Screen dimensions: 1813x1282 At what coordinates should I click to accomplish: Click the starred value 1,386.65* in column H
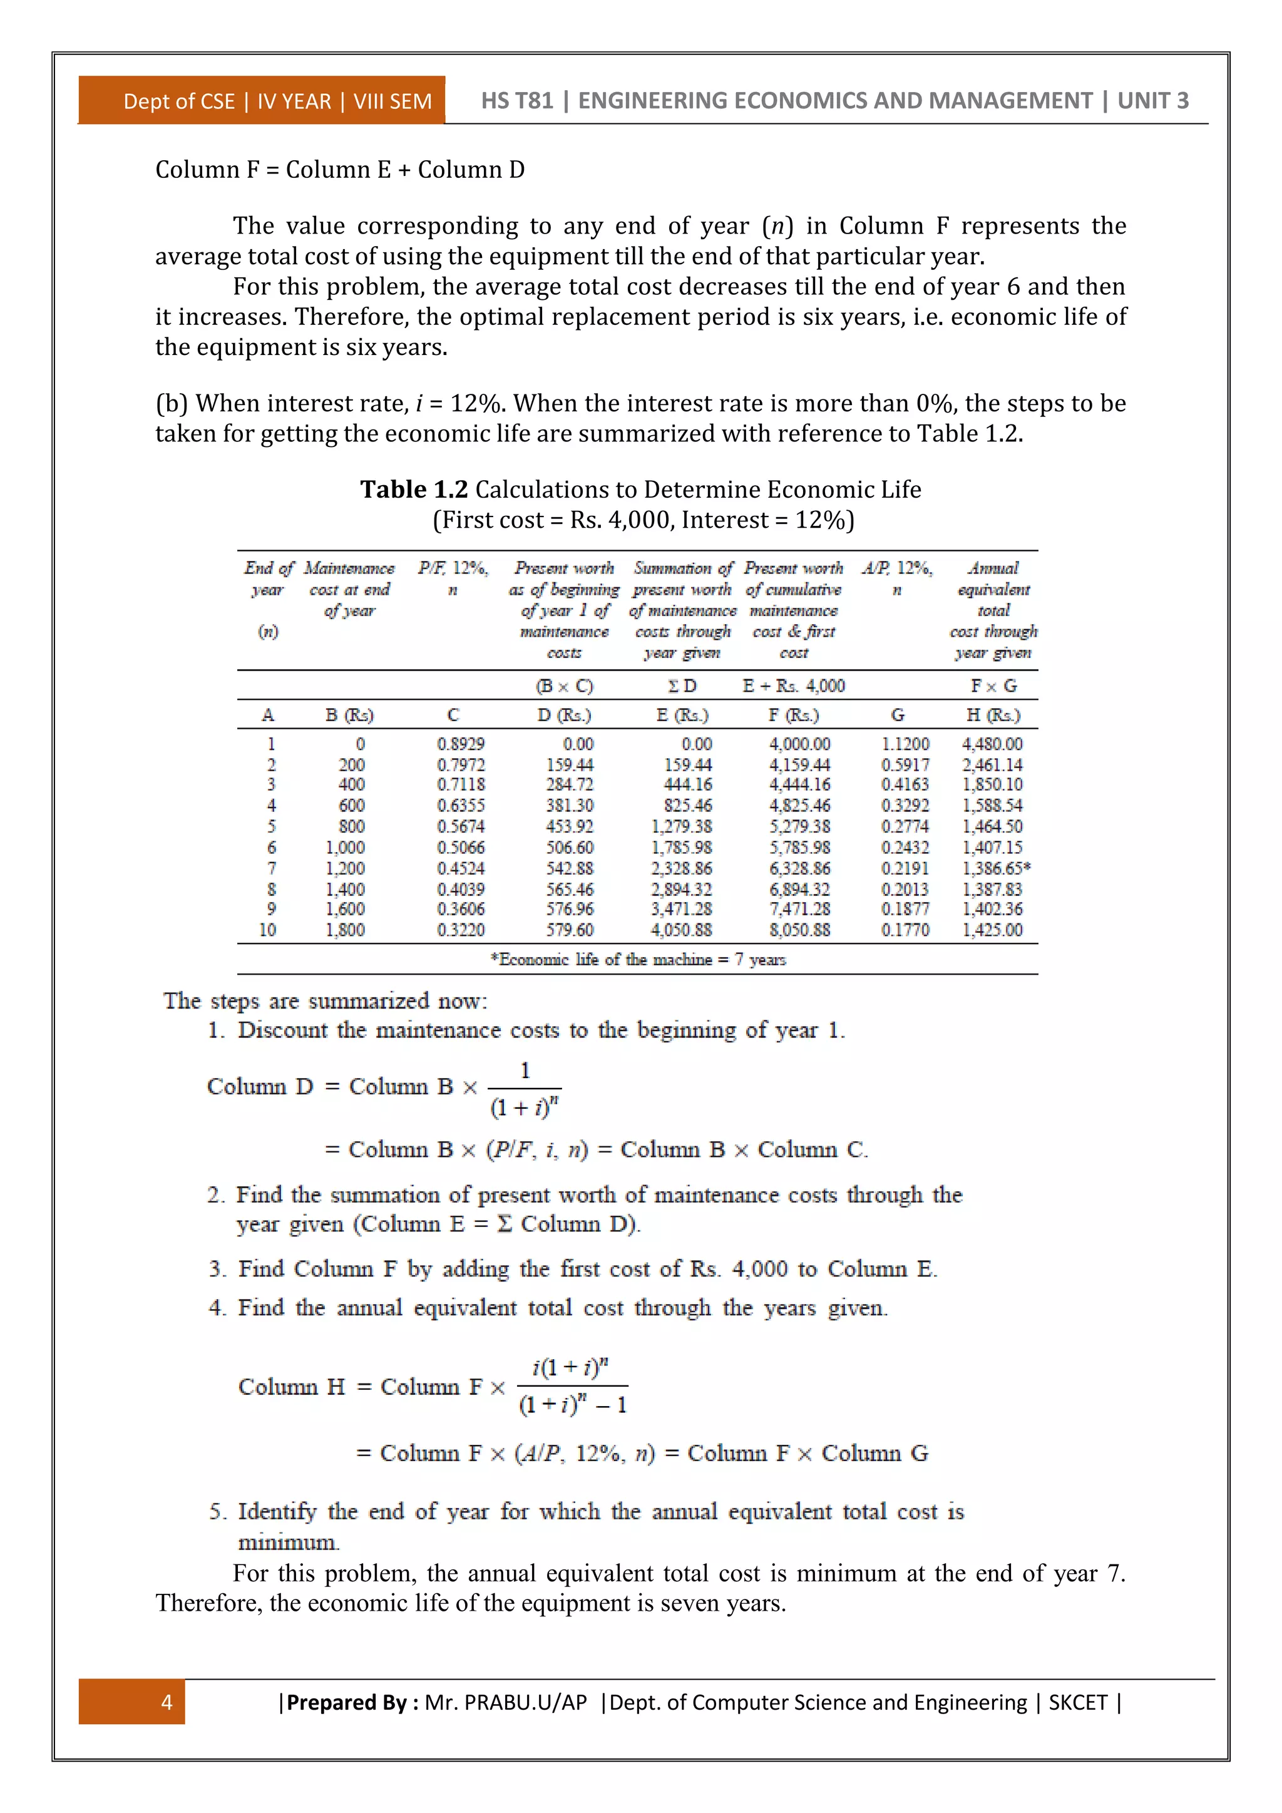click(x=995, y=868)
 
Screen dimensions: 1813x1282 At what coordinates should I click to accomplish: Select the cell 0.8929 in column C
click(x=460, y=744)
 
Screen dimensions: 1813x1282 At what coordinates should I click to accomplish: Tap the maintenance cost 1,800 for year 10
click(x=345, y=930)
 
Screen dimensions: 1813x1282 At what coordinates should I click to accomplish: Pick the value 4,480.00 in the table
click(x=992, y=744)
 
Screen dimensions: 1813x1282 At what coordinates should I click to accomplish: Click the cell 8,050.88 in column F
click(x=799, y=930)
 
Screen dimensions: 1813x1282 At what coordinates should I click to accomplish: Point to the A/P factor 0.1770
click(x=905, y=930)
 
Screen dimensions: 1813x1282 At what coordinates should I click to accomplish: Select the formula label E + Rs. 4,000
click(x=793, y=686)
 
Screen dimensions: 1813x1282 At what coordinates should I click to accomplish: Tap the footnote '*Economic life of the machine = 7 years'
click(x=638, y=960)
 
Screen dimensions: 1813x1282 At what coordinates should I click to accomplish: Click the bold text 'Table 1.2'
click(x=414, y=490)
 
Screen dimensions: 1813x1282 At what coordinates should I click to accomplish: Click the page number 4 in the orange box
click(x=167, y=1702)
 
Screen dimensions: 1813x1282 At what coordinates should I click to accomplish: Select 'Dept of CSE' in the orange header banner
click(x=179, y=102)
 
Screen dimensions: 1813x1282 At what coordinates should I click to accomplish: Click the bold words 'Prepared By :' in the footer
click(x=352, y=1702)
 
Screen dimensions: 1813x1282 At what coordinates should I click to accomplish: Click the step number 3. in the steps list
click(x=217, y=1269)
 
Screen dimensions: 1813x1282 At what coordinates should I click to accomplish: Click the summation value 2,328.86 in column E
click(x=681, y=868)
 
